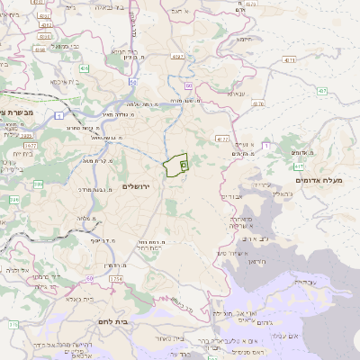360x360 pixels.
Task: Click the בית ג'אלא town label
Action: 79,298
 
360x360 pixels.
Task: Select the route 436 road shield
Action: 84,67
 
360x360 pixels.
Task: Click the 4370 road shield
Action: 258,103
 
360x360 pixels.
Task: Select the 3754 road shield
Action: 114,280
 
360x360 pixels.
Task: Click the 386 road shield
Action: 39,184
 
